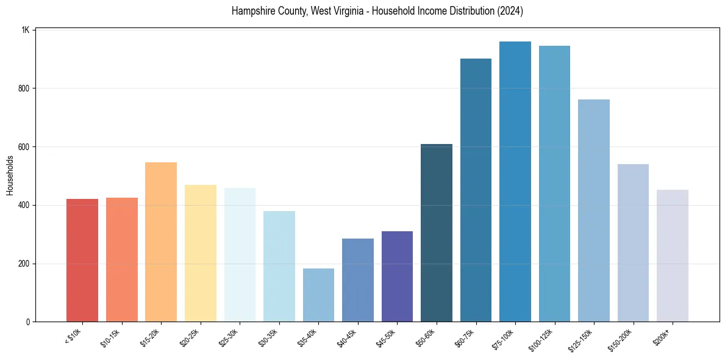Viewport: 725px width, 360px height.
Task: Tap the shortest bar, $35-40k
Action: [318, 295]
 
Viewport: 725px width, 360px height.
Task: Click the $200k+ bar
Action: [673, 256]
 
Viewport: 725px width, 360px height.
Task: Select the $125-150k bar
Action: [594, 211]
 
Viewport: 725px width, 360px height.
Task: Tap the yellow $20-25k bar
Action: [201, 253]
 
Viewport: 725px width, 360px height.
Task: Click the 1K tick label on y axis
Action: [26, 30]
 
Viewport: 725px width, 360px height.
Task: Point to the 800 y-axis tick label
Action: [24, 88]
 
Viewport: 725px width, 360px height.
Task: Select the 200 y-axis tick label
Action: [24, 264]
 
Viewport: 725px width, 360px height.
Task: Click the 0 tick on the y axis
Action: [27, 322]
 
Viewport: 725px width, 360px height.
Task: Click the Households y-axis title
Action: [10, 176]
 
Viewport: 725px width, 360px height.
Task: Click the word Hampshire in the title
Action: [251, 11]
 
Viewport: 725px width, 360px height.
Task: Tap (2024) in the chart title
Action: [510, 11]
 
